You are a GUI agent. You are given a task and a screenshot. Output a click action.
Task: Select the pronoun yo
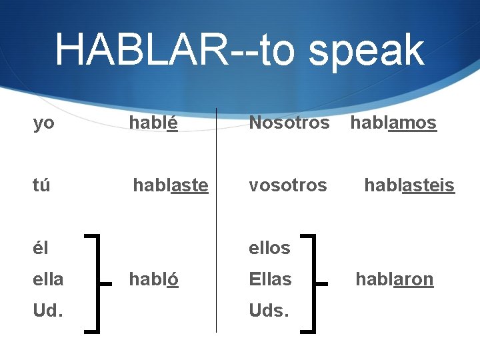(x=43, y=123)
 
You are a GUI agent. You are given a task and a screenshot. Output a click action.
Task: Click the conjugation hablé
(x=153, y=123)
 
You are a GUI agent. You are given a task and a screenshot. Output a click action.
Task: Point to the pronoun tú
(x=41, y=185)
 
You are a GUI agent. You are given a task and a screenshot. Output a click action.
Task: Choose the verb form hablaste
(x=171, y=185)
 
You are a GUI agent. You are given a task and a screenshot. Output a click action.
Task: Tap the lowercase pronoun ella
(x=48, y=279)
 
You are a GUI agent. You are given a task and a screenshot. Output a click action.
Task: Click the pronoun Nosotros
(x=289, y=123)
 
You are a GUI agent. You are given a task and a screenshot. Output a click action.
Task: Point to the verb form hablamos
(x=393, y=123)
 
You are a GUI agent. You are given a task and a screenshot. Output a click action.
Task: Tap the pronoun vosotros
(x=287, y=185)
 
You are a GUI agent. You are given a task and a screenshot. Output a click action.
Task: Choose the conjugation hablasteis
(x=409, y=185)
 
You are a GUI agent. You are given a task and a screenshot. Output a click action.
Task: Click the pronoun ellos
(x=269, y=247)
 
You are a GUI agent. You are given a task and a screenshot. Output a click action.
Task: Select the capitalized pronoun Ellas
(x=270, y=279)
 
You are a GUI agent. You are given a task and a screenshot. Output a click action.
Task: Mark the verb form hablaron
(x=394, y=279)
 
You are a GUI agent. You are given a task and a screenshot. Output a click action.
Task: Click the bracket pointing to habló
(x=99, y=282)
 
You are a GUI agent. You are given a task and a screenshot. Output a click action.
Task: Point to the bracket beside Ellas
(x=314, y=282)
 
